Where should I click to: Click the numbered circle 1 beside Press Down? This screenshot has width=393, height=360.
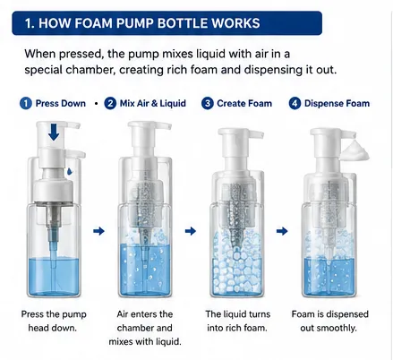(x=26, y=104)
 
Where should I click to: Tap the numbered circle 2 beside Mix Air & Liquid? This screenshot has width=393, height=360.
(x=110, y=104)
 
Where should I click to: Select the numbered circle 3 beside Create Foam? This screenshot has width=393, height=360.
(x=208, y=104)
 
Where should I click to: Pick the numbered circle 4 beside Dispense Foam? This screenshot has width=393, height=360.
(x=295, y=104)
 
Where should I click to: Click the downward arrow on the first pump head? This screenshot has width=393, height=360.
(x=54, y=133)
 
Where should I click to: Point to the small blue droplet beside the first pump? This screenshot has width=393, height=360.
(x=70, y=171)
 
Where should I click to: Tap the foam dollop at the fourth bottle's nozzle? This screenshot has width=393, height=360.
(x=355, y=150)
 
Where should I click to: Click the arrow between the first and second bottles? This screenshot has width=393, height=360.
(x=98, y=231)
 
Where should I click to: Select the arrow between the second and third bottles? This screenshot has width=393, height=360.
(x=191, y=231)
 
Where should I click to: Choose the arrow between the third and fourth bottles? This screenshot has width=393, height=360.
(x=282, y=231)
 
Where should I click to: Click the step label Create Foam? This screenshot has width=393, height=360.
(x=244, y=103)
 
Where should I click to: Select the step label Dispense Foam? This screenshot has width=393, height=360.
(x=337, y=103)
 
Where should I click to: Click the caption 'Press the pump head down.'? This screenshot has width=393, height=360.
(x=54, y=321)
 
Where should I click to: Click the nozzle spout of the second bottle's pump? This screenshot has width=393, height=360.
(x=163, y=125)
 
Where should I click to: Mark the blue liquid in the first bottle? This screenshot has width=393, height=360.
(x=54, y=276)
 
